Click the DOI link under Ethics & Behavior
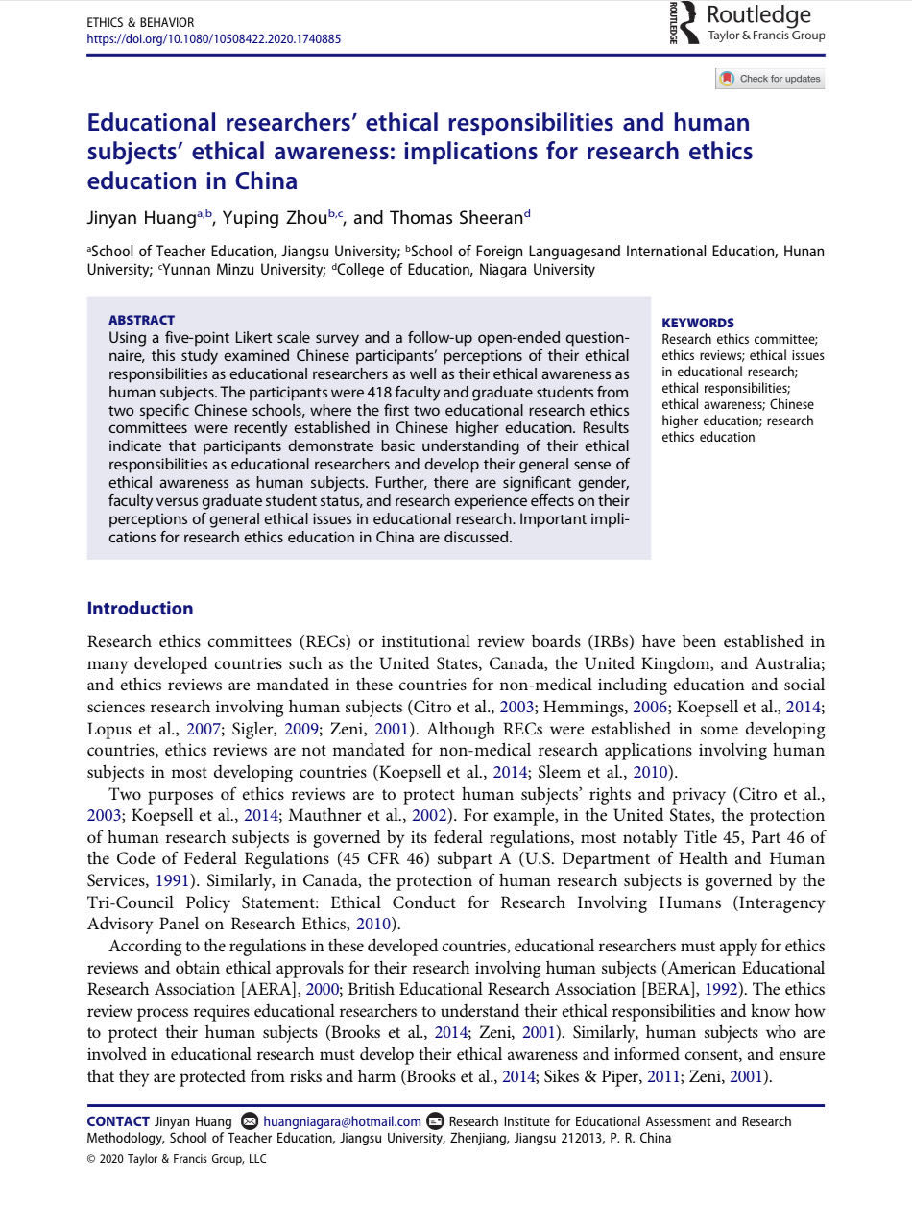tap(213, 39)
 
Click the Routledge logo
tap(747, 23)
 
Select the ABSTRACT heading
tap(141, 320)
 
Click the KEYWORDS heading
tap(698, 324)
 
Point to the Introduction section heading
tap(140, 609)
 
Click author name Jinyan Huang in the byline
tap(141, 218)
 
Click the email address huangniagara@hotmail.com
tap(342, 1121)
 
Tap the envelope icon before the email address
tap(251, 1121)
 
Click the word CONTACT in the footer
tap(118, 1121)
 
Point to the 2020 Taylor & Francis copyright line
tap(177, 1159)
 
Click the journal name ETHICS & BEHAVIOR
tap(140, 22)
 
